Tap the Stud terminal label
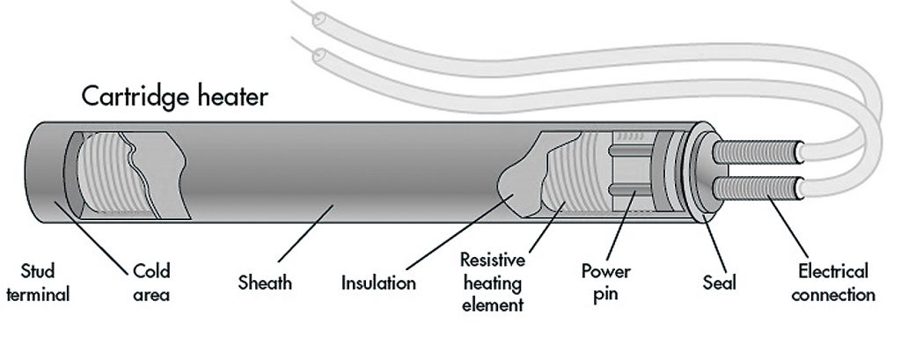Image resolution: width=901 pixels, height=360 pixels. pos(36,283)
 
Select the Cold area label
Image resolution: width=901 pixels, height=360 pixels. pos(150,283)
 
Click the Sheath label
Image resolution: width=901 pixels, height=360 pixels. pos(265,283)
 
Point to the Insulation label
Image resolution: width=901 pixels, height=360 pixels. pos(378,283)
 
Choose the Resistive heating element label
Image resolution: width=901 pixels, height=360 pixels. pos(492,283)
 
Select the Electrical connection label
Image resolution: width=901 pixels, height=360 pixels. pos(832,283)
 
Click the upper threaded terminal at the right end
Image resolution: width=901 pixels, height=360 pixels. pos(758,152)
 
